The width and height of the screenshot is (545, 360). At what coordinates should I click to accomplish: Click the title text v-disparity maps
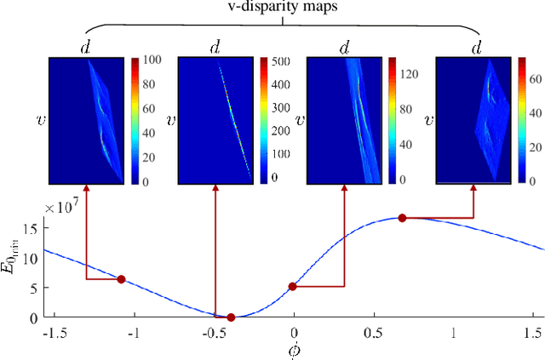282,9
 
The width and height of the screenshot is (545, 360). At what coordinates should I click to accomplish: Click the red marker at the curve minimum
231,317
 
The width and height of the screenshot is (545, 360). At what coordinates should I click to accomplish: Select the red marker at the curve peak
403,218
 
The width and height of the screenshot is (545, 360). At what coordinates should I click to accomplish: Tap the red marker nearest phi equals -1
121,279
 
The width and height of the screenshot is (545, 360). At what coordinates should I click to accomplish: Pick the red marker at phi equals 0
293,287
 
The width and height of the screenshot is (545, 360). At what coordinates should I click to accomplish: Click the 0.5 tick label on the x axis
373,333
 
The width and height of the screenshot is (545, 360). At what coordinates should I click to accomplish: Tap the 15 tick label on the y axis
32,229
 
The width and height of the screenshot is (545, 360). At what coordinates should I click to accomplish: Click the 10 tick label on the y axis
32,259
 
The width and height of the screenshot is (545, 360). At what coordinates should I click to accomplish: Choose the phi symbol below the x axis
294,350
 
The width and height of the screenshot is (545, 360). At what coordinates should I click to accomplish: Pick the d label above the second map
214,49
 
